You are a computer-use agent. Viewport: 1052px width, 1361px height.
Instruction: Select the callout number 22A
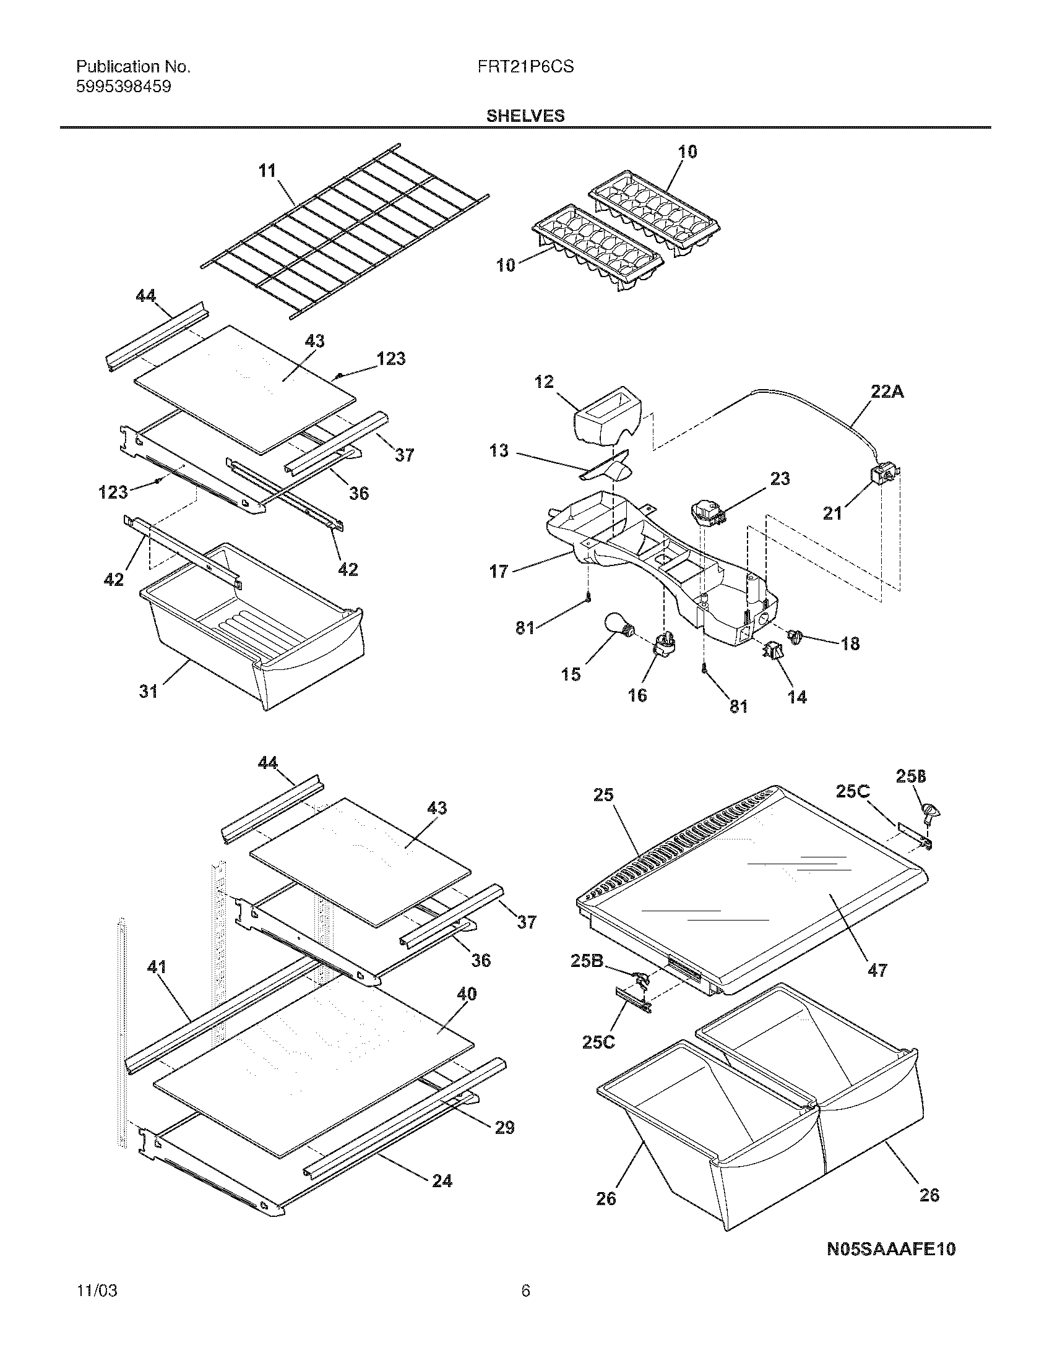887,392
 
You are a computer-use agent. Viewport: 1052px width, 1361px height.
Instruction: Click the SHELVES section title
525,116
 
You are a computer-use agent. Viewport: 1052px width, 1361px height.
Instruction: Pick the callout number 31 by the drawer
149,691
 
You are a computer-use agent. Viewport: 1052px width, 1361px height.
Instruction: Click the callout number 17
499,571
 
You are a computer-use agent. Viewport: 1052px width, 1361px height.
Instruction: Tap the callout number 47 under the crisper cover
877,970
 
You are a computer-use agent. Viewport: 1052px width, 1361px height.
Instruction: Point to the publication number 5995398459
123,87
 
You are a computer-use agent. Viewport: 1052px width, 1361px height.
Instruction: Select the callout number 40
467,994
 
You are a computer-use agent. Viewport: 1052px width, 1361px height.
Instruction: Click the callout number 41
157,967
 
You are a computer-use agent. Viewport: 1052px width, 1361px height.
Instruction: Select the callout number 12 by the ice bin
544,381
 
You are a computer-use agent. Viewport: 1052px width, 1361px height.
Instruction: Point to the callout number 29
504,1127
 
